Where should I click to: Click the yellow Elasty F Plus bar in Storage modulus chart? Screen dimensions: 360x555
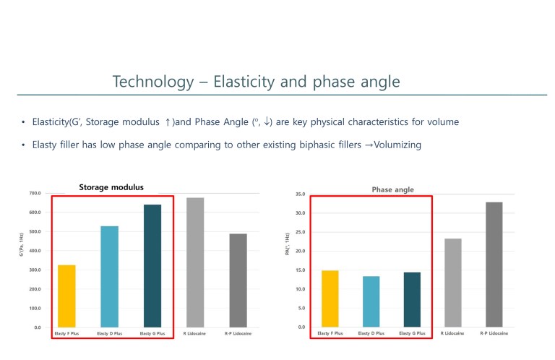click(66, 296)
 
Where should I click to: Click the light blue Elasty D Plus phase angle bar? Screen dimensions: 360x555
click(371, 301)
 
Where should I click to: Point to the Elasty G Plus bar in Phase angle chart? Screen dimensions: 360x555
click(412, 299)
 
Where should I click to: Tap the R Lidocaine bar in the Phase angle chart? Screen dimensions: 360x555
click(452, 283)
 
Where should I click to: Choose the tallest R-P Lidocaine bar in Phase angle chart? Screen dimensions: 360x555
click(494, 265)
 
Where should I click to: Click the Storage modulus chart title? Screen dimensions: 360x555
click(111, 187)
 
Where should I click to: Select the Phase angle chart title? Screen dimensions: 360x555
click(392, 189)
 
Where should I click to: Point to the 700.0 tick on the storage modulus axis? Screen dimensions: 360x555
click(35, 194)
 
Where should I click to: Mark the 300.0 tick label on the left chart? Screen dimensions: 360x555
click(35, 270)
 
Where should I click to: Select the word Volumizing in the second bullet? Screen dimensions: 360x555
click(397, 145)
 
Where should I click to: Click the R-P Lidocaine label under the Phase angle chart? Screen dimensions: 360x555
click(494, 333)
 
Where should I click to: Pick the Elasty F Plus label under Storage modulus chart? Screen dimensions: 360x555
click(66, 333)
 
